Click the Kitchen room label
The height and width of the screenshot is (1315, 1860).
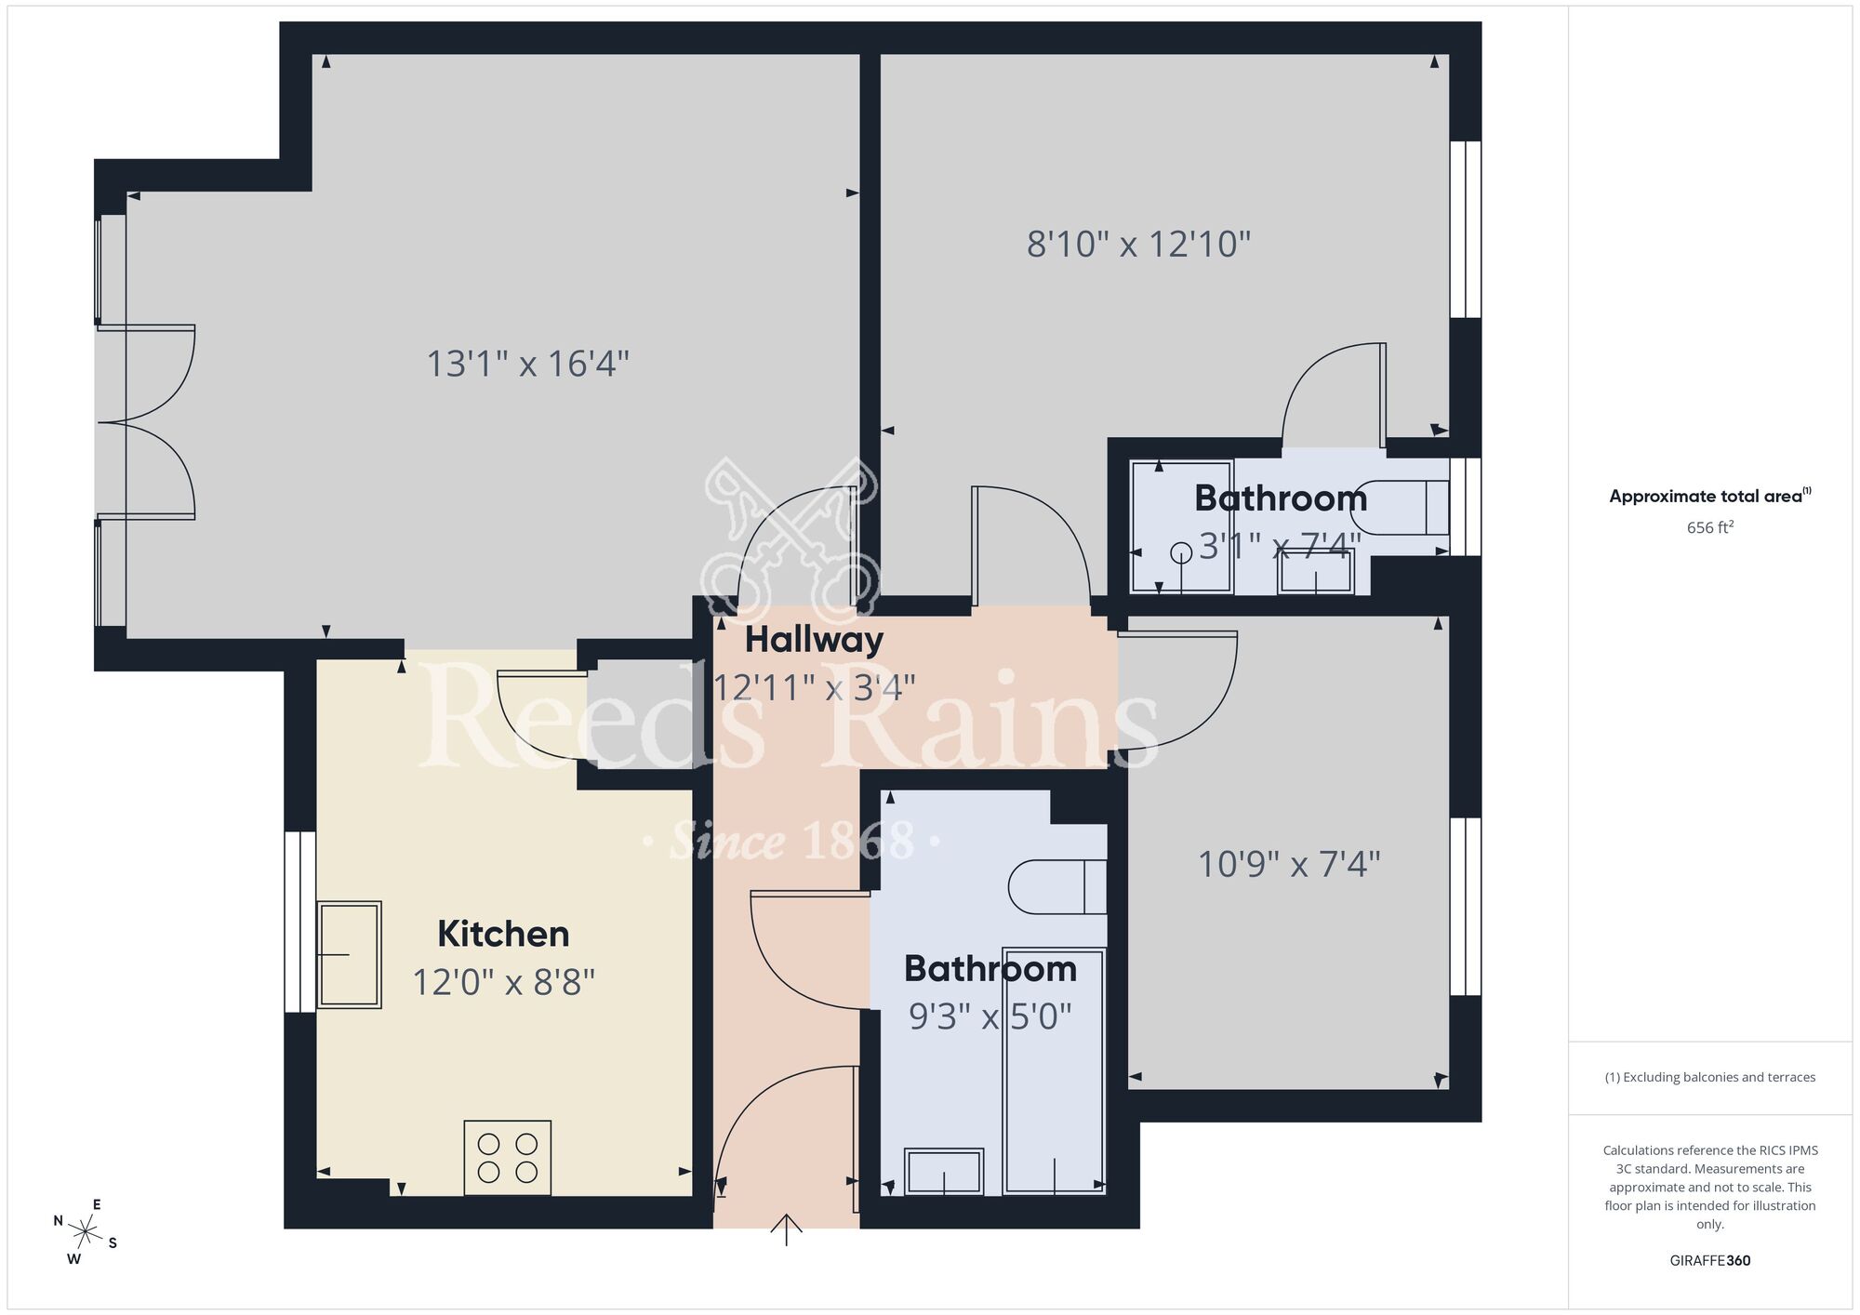pos(503,934)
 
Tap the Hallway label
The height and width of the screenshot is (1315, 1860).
pos(814,640)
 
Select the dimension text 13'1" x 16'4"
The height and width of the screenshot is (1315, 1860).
pos(527,364)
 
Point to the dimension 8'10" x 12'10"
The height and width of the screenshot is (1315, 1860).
pos(1138,245)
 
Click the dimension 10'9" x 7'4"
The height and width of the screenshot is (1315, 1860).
pos(1288,865)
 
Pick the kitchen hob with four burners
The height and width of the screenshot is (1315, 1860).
pos(508,1158)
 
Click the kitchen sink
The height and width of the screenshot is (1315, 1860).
pos(349,955)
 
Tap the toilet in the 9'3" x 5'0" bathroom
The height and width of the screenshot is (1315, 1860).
pos(1058,886)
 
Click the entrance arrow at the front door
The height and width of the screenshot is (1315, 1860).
pos(787,1229)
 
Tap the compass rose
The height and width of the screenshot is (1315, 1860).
pos(86,1233)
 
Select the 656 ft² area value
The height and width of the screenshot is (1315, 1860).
pos(1709,527)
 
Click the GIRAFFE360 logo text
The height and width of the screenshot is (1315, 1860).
pos(1709,1261)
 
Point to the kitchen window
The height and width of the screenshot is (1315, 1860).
pos(299,921)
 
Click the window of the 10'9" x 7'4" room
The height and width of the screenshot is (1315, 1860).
pos(1465,907)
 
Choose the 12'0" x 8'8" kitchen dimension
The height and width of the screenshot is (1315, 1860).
pos(503,982)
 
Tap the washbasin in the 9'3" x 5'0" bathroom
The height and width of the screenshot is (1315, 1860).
pos(944,1172)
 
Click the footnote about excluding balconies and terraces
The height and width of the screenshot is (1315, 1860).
pos(1709,1077)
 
